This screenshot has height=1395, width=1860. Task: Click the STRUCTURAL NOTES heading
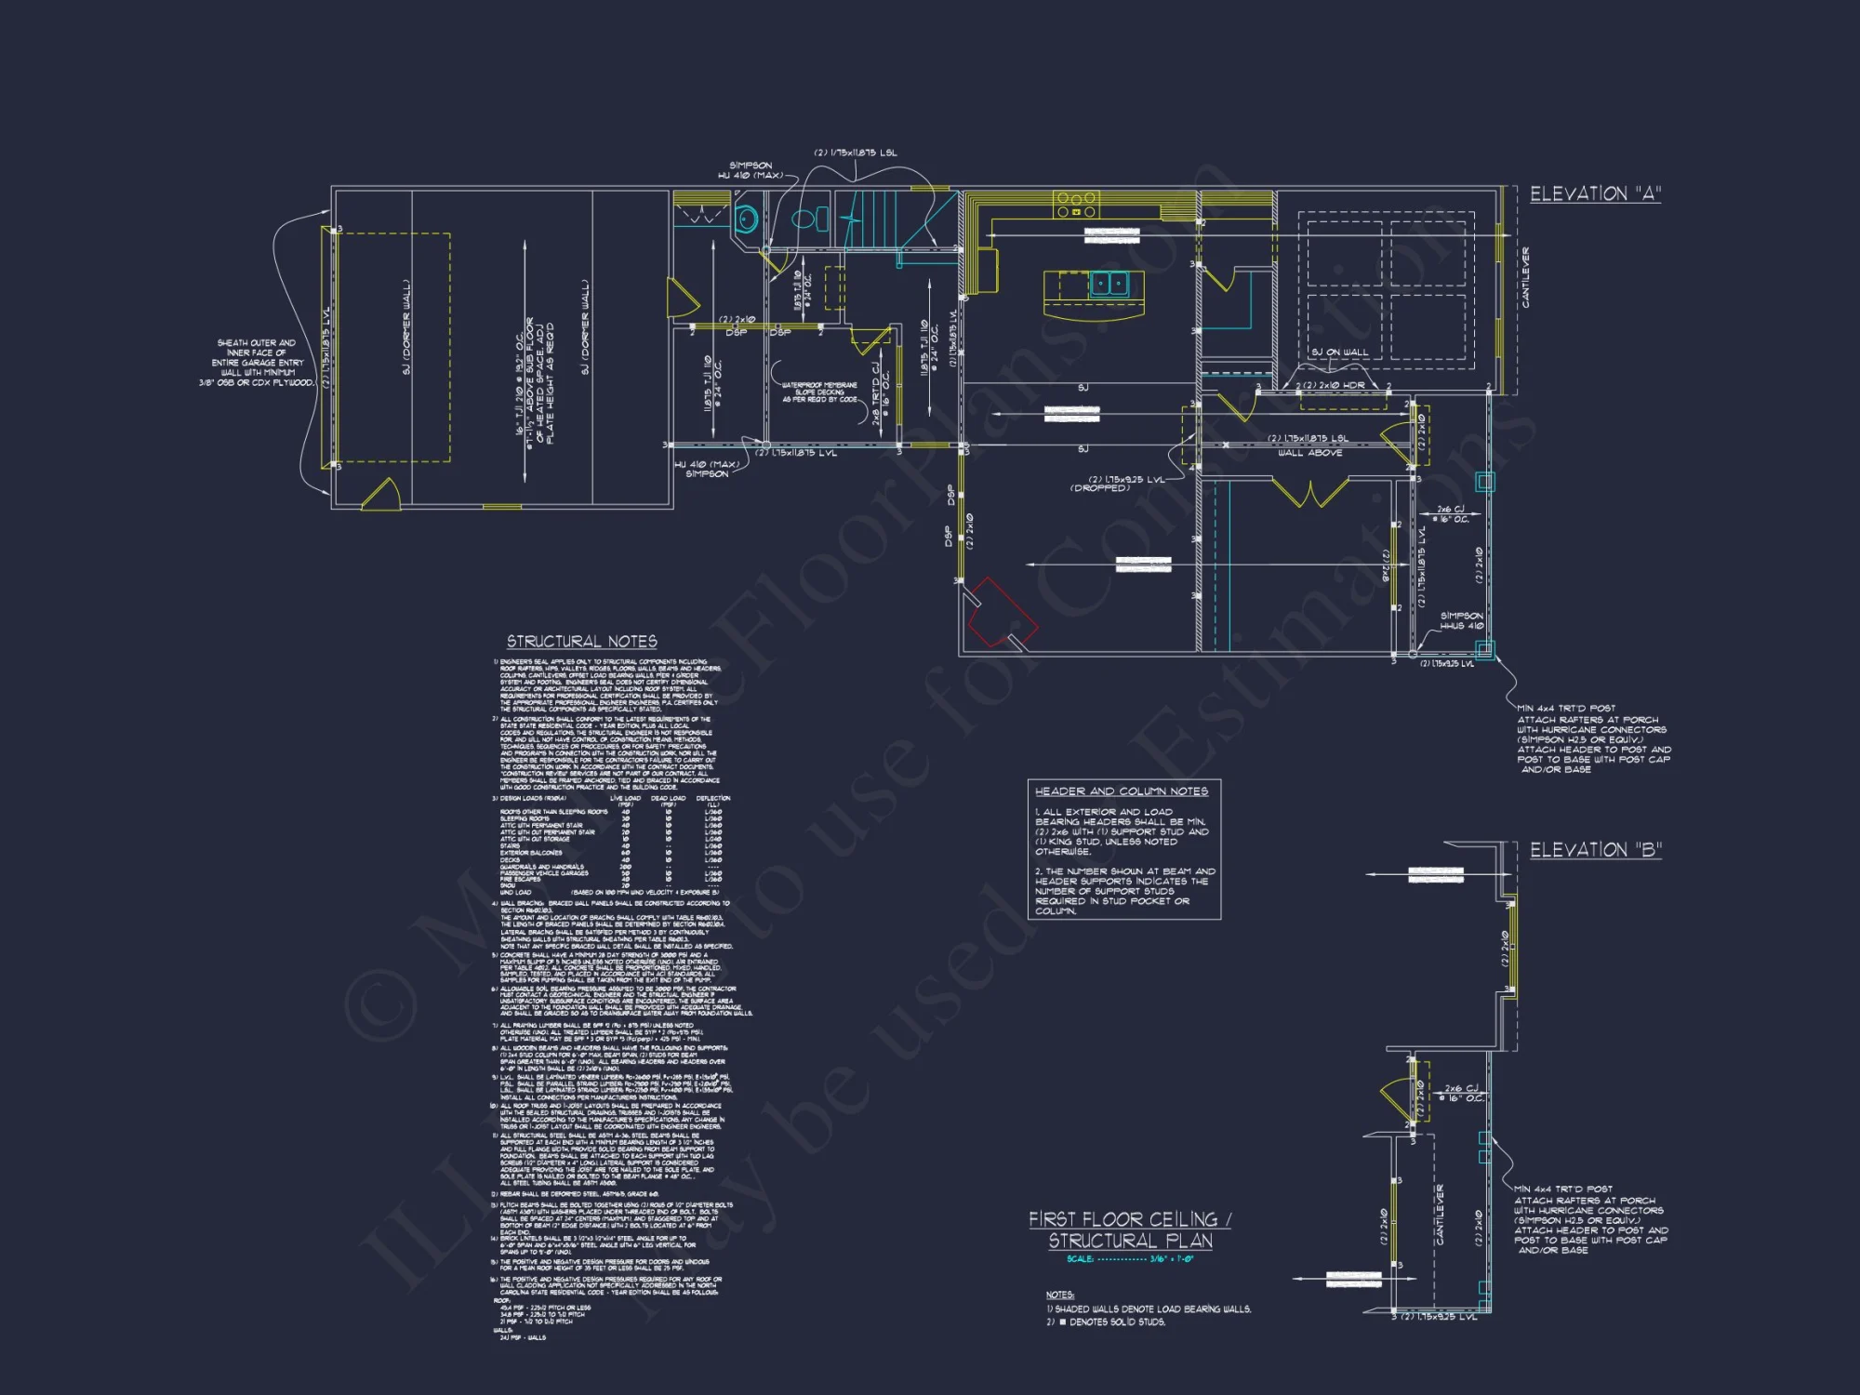(x=581, y=642)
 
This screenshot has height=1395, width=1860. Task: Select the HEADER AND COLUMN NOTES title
(x=1122, y=791)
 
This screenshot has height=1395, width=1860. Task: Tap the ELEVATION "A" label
(x=1595, y=194)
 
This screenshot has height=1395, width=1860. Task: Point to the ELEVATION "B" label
(x=1595, y=850)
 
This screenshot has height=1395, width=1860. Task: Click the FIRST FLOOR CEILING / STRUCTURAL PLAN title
(x=1130, y=1229)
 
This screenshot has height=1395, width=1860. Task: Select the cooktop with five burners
(x=1076, y=204)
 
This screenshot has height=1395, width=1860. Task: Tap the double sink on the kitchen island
(x=1109, y=283)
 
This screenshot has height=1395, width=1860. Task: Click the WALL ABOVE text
(x=1309, y=453)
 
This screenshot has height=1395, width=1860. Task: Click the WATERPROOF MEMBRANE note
(x=819, y=392)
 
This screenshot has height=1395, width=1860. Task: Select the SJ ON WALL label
(x=1339, y=352)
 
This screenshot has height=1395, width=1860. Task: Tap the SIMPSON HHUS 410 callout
(x=1461, y=620)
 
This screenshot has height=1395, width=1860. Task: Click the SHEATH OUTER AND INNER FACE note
(x=257, y=363)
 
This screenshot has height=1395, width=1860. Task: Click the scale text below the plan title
(x=1129, y=1259)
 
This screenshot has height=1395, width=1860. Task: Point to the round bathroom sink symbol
(x=746, y=220)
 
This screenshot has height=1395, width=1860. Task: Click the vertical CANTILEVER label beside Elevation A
(x=1525, y=277)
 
